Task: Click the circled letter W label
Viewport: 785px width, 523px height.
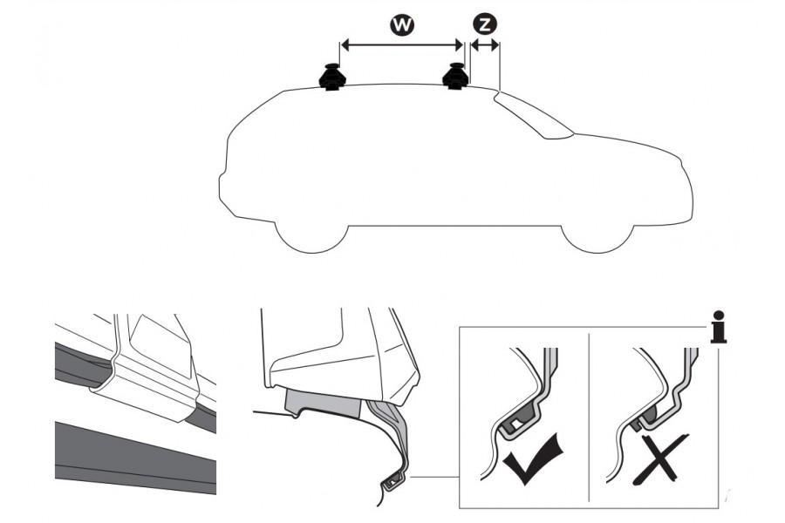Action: (402, 24)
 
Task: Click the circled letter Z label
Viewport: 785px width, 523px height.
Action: (484, 24)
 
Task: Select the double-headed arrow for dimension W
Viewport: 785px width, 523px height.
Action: (401, 45)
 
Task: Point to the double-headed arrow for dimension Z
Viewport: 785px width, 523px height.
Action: (485, 45)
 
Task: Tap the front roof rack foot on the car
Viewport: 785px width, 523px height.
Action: (455, 77)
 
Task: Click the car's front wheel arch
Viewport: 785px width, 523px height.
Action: (597, 239)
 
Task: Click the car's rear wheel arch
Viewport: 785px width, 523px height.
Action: (311, 238)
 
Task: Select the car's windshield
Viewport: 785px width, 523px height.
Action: (534, 114)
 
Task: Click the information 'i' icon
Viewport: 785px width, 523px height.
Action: (719, 326)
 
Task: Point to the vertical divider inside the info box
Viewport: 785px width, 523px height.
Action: (589, 417)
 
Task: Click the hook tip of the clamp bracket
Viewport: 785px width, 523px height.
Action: (392, 482)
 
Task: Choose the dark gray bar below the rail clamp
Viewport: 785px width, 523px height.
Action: (135, 458)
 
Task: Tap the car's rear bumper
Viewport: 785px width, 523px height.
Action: (226, 193)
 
